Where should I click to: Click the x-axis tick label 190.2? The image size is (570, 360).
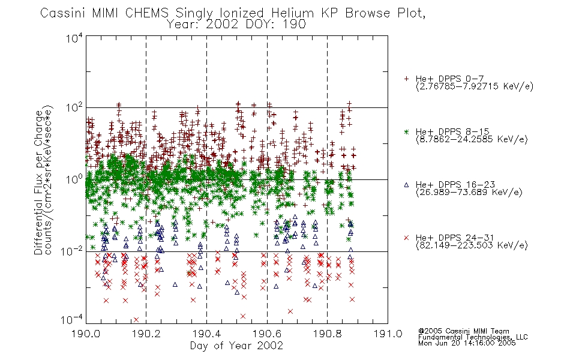pos(146,334)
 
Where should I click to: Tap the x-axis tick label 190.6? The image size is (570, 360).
pos(267,334)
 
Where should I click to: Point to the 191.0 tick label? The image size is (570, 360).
pos(388,334)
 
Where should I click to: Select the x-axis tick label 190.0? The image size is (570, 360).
pos(86,334)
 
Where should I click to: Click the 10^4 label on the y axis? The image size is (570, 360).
pos(74,38)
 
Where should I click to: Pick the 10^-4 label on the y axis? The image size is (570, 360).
pos(71,320)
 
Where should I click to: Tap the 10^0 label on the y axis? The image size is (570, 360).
pos(74,179)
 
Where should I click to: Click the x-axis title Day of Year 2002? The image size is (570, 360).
pos(236,346)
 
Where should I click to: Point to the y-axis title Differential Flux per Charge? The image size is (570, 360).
pos(38,182)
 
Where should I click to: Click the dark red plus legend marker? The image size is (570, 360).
pos(406,79)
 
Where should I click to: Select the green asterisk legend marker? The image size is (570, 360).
pos(406,131)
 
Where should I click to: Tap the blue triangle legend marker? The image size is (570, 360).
pos(406,185)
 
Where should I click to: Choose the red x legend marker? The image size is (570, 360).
pos(406,238)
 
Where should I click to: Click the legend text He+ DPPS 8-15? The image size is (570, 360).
pos(452,131)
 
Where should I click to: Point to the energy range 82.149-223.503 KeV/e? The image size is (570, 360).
pos(472,245)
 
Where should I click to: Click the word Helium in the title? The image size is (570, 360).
pos(292,13)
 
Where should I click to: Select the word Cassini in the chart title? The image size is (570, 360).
pos(62,13)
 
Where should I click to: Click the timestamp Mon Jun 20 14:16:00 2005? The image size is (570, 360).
pos(467,343)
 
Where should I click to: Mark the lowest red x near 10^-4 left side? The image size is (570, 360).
pos(136,320)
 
